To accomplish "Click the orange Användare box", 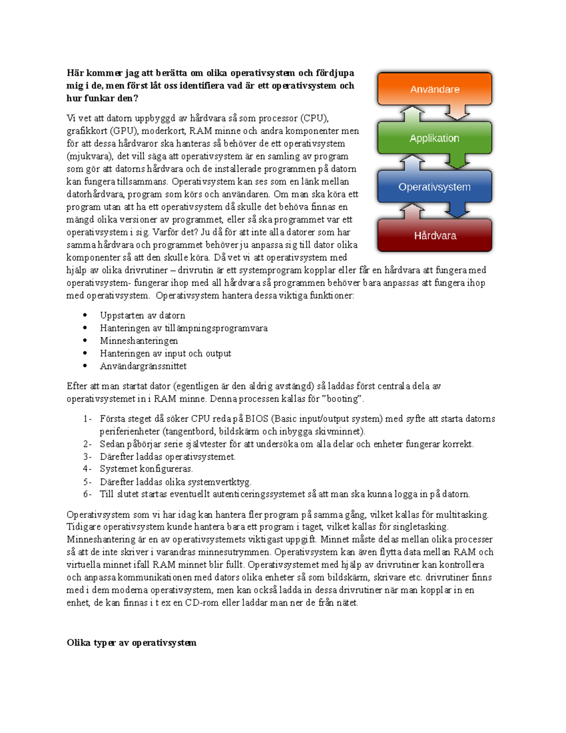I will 434,89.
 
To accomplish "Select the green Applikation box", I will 434,138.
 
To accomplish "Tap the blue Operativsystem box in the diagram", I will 434,187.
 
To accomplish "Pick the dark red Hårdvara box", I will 434,236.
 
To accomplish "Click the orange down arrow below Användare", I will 457,112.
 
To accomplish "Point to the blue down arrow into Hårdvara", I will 457,210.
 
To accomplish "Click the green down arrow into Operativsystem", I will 457,161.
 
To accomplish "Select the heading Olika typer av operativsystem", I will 131,642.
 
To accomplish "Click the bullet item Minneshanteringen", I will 139,341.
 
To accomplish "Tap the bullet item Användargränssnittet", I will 143,366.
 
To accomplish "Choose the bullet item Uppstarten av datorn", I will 142,315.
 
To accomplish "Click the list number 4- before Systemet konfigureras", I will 87,469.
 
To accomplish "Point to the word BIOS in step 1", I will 257,419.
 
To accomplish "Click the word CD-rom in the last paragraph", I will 201,603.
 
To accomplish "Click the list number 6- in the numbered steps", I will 87,494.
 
